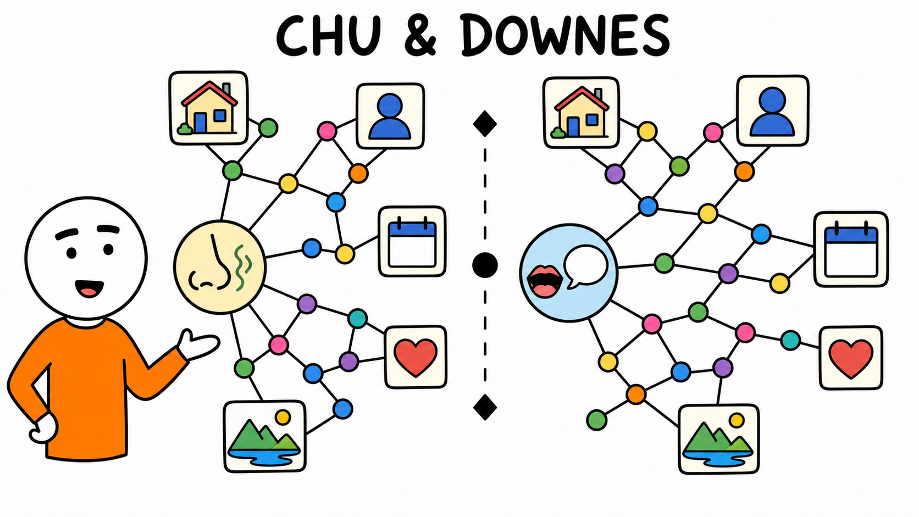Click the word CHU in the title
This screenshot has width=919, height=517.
point(328,36)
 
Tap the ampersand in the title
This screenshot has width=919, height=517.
point(420,36)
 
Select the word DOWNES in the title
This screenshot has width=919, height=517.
point(564,35)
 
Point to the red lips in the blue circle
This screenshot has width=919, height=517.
point(545,281)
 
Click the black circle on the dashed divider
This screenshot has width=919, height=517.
point(485,265)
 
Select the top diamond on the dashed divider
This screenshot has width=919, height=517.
point(485,124)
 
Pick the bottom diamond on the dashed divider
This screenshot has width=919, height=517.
point(485,407)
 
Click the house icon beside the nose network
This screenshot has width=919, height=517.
point(209,108)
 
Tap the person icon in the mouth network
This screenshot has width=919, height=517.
point(773,110)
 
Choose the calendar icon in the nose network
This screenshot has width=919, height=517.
point(412,242)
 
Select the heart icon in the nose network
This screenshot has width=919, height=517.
point(416,357)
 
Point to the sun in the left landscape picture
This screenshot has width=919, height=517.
point(283,418)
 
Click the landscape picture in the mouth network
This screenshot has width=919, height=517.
point(719,439)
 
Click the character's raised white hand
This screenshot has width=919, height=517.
point(198,344)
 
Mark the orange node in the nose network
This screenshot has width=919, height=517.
point(358,174)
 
